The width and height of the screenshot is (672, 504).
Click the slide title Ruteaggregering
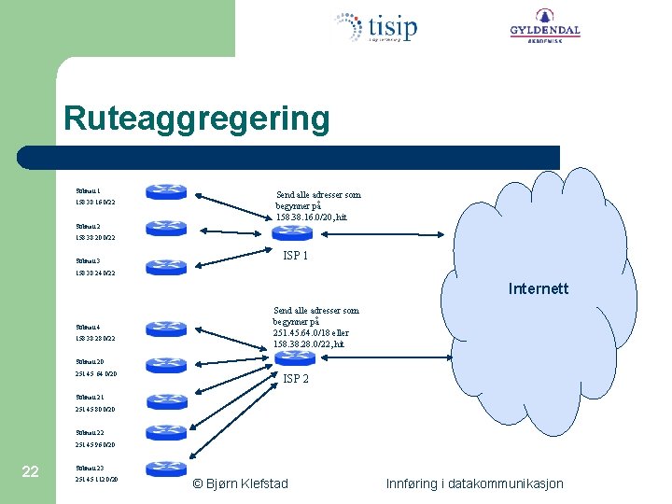point(196,119)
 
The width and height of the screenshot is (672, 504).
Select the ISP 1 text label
point(295,256)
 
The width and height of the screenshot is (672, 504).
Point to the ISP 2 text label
point(295,379)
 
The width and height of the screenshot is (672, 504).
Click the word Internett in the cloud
point(538,288)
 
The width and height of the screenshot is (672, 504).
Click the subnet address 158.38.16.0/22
point(96,202)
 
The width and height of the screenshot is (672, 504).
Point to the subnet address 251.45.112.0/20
point(96,479)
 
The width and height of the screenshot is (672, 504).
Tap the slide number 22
point(30,471)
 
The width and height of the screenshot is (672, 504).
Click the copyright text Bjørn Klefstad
point(240,483)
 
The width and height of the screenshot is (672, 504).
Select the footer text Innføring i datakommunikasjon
point(474,483)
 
